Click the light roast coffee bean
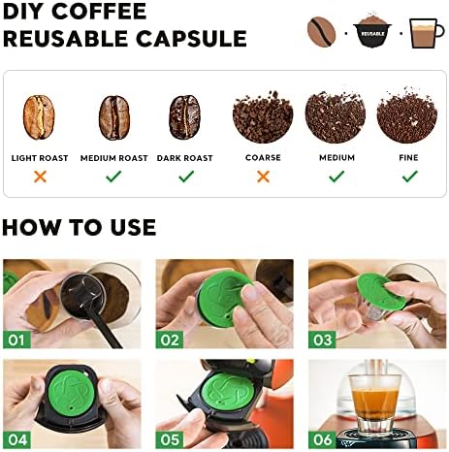click(39, 117)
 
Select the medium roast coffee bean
click(113, 117)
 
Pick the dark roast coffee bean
click(184, 117)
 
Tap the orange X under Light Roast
click(40, 177)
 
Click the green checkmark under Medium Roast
click(113, 177)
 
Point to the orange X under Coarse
click(263, 177)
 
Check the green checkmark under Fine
click(410, 177)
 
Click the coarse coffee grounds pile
click(263, 117)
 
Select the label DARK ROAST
click(184, 158)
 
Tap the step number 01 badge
click(16, 339)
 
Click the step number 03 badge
click(322, 339)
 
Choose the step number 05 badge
click(170, 439)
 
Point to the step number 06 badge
click(322, 439)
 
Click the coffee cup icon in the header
click(426, 33)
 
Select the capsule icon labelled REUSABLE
click(372, 31)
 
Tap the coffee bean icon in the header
click(321, 32)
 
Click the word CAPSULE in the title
click(191, 39)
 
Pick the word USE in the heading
click(133, 227)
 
